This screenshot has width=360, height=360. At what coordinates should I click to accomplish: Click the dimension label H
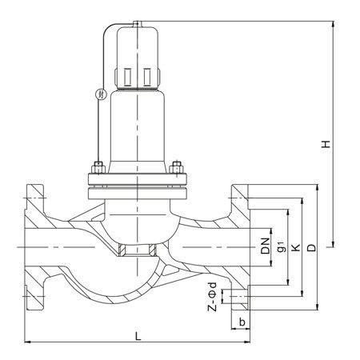click(x=326, y=144)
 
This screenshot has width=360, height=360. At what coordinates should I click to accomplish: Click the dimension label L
click(x=138, y=336)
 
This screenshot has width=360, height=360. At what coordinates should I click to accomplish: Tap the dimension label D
click(x=311, y=248)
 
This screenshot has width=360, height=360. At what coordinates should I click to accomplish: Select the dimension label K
click(x=296, y=248)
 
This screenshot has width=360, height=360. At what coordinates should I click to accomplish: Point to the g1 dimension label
click(x=282, y=246)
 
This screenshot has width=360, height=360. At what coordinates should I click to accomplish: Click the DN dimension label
click(x=266, y=246)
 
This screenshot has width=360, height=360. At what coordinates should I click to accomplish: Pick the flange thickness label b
click(x=242, y=322)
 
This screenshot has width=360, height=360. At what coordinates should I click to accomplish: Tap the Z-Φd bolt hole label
click(x=212, y=297)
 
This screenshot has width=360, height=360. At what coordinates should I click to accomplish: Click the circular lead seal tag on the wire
click(x=101, y=94)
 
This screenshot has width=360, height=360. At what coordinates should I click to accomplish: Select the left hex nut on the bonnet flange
click(x=98, y=167)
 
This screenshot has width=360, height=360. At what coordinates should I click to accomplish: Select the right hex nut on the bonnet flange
click(x=176, y=167)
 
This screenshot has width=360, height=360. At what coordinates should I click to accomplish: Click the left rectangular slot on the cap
click(x=128, y=77)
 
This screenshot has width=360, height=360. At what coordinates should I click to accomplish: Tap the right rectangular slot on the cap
click(x=147, y=77)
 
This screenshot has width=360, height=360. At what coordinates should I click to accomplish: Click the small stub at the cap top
click(x=138, y=24)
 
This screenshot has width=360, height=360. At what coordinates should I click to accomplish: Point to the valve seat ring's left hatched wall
click(x=122, y=250)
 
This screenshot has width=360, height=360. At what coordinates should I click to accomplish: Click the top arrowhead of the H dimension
click(x=333, y=24)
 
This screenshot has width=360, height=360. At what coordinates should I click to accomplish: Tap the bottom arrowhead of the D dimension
click(x=317, y=306)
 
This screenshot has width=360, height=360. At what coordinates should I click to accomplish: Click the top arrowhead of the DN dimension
click(x=271, y=232)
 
